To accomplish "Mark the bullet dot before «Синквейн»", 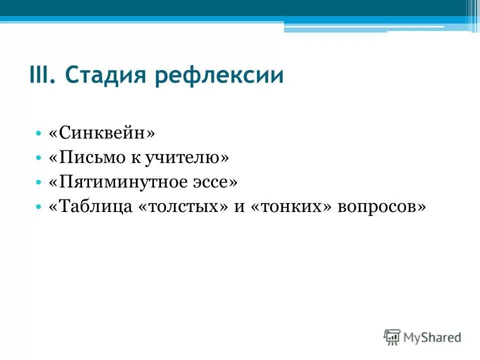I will click(x=39, y=133).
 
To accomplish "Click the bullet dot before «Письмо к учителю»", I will click(x=39, y=158).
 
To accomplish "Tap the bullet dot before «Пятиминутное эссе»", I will click(x=39, y=182).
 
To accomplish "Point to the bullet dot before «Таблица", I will click(x=39, y=207).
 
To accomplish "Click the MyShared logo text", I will click(x=432, y=337).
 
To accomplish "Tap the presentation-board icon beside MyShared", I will click(x=392, y=336).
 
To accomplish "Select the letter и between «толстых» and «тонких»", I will click(x=238, y=207).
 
